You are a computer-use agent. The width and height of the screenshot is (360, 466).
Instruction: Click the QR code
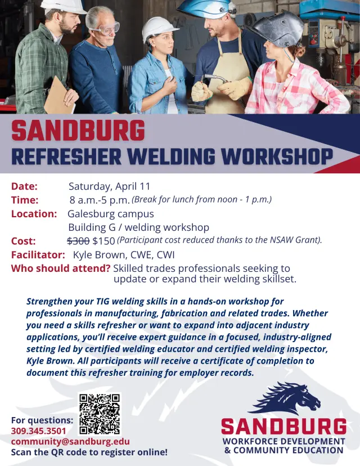click(100, 414)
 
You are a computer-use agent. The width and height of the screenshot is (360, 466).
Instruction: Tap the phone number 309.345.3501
click(38, 431)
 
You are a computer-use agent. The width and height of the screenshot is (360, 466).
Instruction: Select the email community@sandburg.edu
click(70, 441)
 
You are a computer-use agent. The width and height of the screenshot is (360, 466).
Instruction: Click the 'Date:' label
click(24, 186)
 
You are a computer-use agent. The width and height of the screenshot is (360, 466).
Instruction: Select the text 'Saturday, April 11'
click(109, 186)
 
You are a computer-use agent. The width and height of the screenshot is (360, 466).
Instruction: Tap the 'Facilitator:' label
click(38, 254)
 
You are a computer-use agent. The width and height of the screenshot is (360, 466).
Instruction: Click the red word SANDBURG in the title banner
click(78, 131)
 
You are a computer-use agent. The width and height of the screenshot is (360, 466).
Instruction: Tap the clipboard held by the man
click(58, 97)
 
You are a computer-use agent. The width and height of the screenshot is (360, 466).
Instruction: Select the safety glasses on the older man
click(107, 28)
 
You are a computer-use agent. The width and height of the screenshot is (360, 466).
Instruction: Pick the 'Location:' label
click(34, 214)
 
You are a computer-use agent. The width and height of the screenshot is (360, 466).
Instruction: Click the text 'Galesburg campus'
click(110, 214)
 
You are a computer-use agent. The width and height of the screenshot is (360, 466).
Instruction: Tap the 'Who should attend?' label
click(60, 268)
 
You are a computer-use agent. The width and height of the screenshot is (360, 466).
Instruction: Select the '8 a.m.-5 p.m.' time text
click(100, 200)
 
